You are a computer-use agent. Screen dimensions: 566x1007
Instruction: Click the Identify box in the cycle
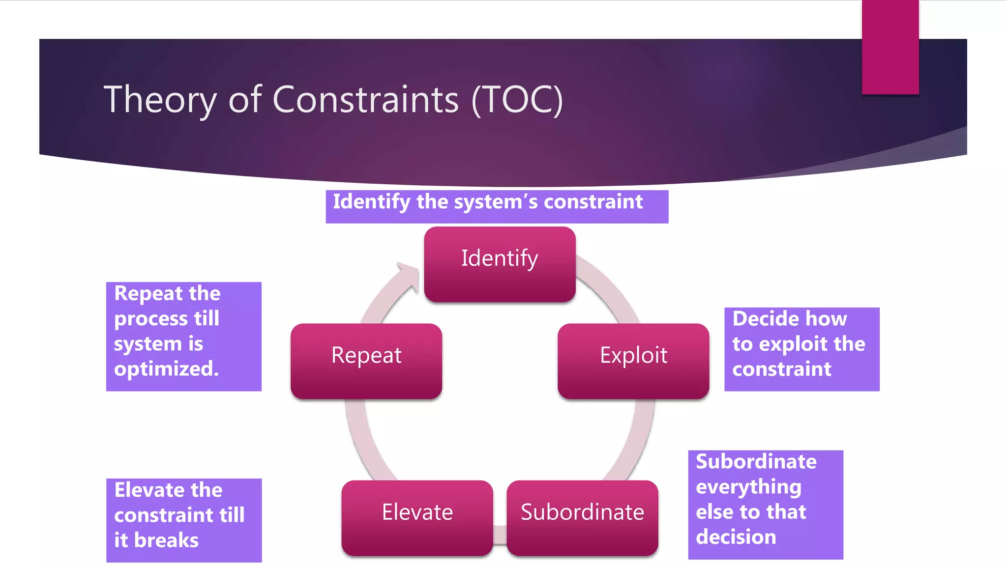point(500,264)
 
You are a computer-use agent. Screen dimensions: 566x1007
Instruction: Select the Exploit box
point(633,361)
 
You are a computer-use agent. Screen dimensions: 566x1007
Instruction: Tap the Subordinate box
point(582,518)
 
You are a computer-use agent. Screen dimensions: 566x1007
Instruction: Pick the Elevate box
point(417,518)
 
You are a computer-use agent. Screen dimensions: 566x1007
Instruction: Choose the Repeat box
point(366,361)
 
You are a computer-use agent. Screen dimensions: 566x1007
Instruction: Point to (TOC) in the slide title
point(517,100)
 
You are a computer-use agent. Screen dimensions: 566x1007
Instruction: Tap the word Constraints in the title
point(365,100)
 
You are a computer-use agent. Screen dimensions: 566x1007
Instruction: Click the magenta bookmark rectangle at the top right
point(890,47)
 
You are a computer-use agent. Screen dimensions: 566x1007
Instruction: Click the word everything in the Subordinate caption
point(748,487)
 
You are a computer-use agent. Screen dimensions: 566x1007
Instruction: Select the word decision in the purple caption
point(736,537)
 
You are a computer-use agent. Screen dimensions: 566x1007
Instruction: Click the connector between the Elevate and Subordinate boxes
point(500,535)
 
